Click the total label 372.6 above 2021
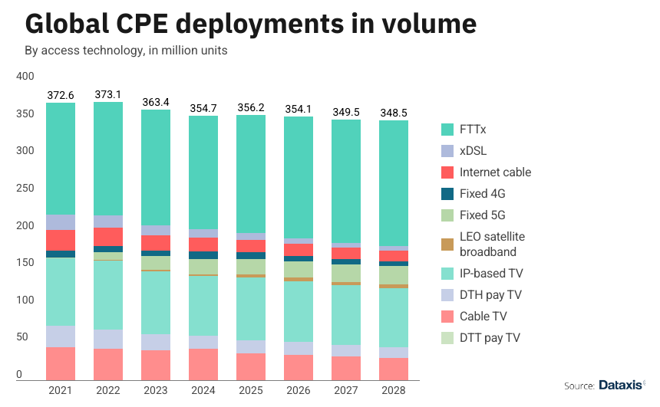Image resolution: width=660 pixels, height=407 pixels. point(61,94)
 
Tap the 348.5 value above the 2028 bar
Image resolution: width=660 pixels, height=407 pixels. point(394,113)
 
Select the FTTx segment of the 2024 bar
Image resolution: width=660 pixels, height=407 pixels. point(203,172)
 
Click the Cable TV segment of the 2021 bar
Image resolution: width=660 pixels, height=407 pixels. point(61,363)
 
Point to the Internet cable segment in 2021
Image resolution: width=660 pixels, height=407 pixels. point(61,240)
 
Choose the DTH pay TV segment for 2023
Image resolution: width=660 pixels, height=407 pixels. point(156,342)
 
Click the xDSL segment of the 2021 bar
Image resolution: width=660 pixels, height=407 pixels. point(61,222)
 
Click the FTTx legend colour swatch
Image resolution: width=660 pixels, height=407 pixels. point(449,130)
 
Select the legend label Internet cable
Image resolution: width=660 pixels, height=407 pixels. point(496,172)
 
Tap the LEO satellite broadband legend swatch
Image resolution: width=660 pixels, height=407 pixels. point(449,245)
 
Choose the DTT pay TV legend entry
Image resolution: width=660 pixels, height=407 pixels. point(493,338)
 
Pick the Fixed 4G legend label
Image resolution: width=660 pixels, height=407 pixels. point(483,194)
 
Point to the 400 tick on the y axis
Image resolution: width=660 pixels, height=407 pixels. point(25,77)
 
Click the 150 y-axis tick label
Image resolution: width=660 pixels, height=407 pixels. point(25,263)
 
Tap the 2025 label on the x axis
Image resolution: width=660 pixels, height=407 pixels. point(251,392)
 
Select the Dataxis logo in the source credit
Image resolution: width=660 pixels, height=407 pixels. point(621,385)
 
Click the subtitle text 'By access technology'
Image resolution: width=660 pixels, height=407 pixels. point(76,51)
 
